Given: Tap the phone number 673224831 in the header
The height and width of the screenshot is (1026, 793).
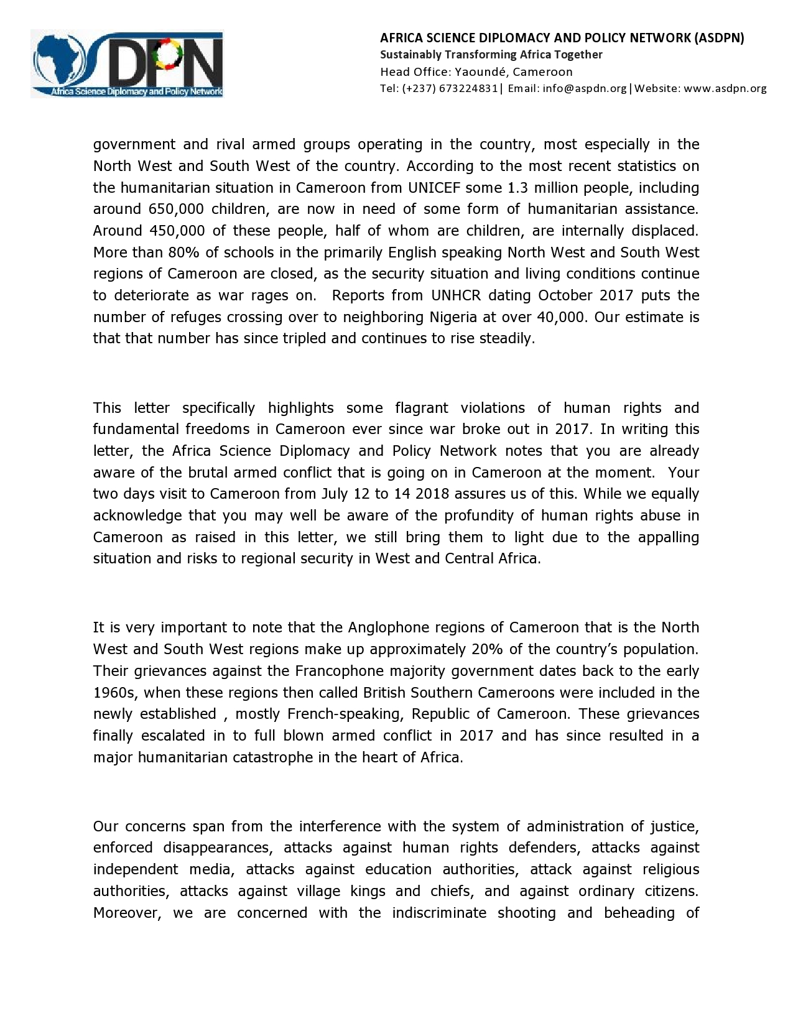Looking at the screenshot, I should tap(468, 88).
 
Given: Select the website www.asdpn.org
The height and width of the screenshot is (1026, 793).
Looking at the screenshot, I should tap(725, 88).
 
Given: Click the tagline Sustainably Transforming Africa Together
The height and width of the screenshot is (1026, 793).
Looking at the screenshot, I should tap(491, 55).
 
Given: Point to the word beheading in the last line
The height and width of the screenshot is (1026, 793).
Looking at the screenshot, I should tap(639, 913).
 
